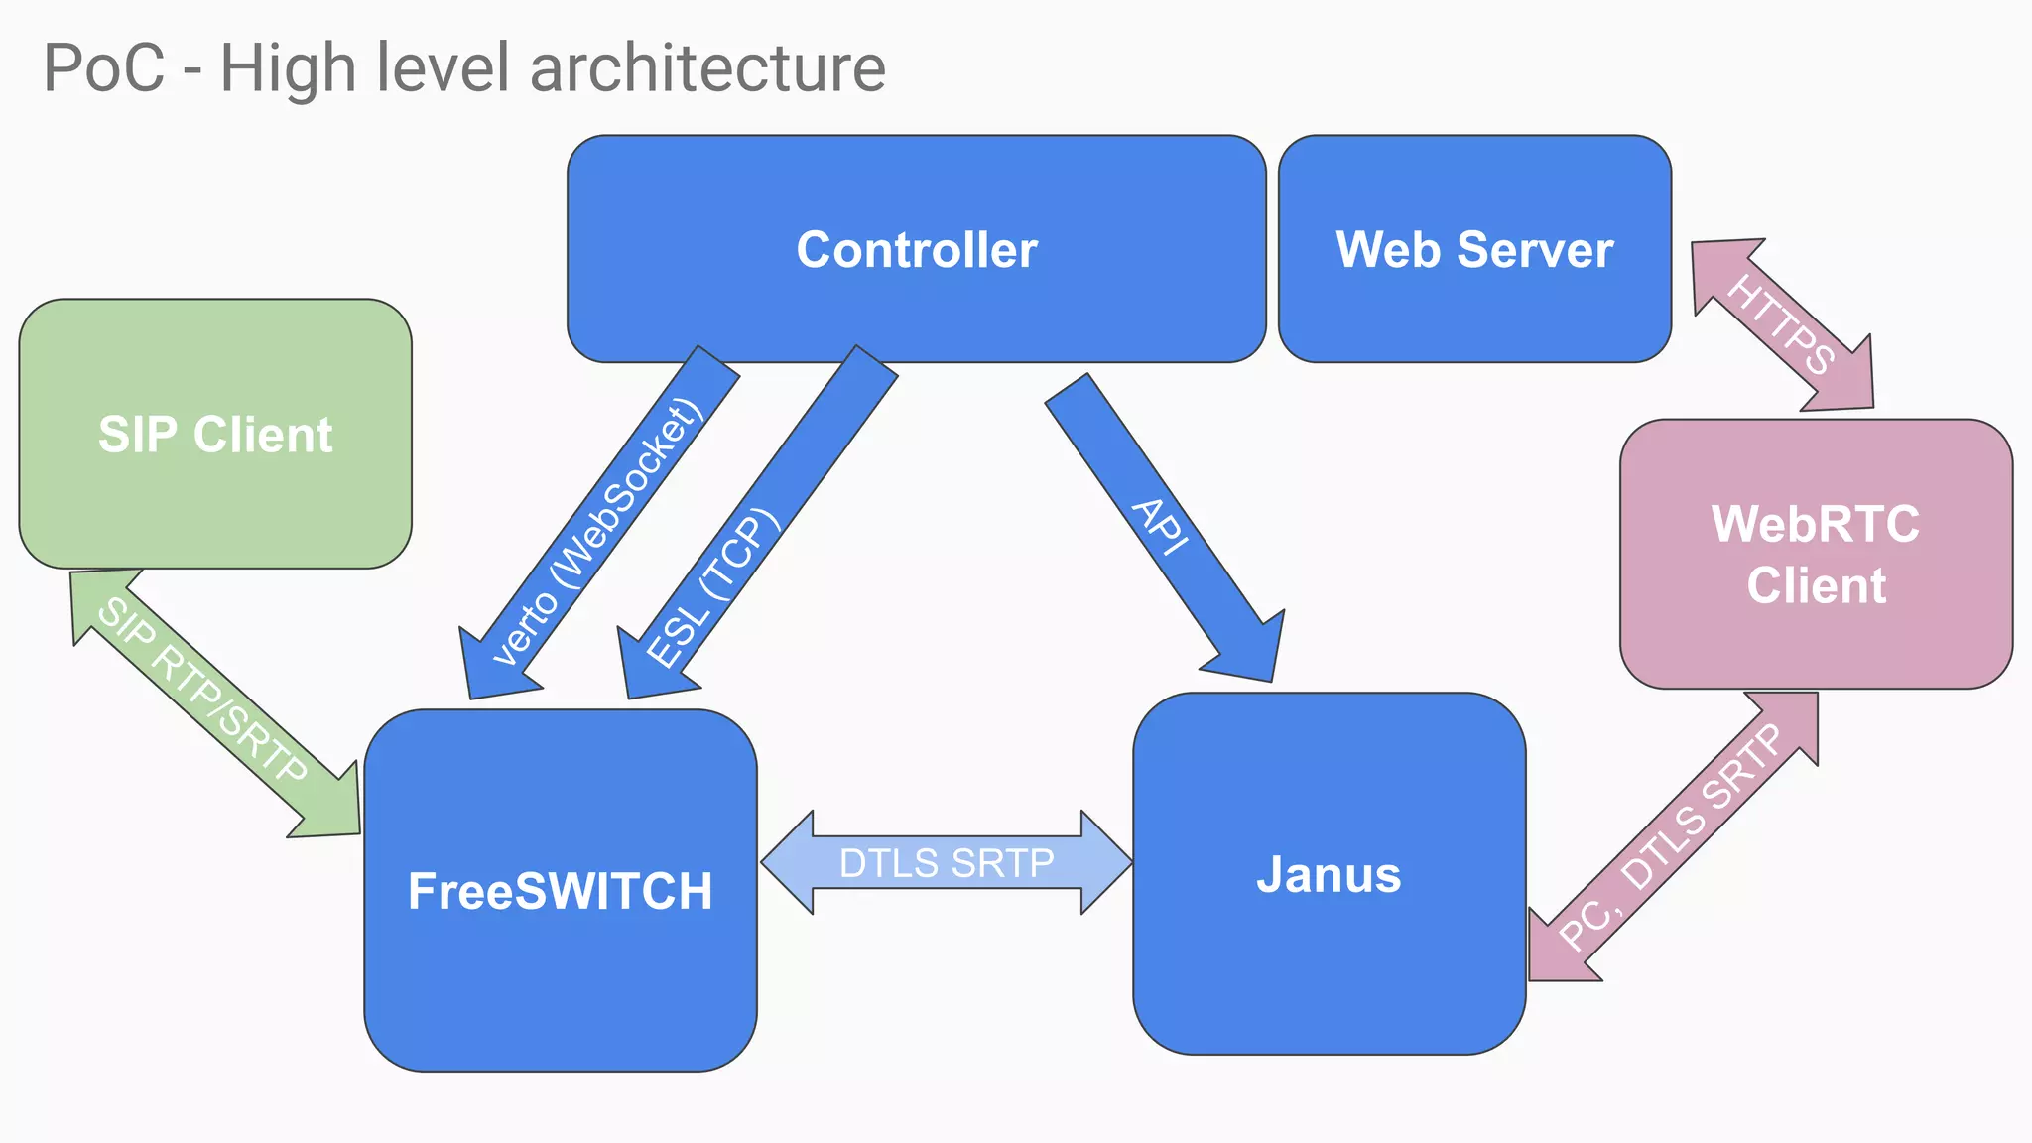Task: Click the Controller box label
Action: (916, 250)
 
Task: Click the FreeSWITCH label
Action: (560, 891)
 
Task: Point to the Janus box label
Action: (1329, 875)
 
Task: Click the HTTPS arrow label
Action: (1781, 324)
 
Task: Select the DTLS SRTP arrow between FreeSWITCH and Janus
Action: (947, 863)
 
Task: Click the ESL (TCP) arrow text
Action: (707, 588)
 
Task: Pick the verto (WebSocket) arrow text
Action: (598, 533)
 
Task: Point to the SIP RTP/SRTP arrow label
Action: (203, 691)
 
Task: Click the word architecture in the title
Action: (707, 68)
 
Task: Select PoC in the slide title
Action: (103, 68)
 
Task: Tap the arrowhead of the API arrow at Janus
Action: (1250, 650)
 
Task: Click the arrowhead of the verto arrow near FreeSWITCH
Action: (491, 667)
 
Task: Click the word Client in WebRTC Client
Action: (1816, 585)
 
